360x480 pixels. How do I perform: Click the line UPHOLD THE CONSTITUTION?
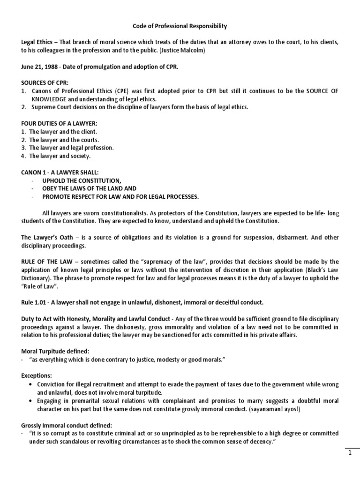click(x=82, y=180)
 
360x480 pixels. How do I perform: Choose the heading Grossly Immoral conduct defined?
click(x=66, y=425)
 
